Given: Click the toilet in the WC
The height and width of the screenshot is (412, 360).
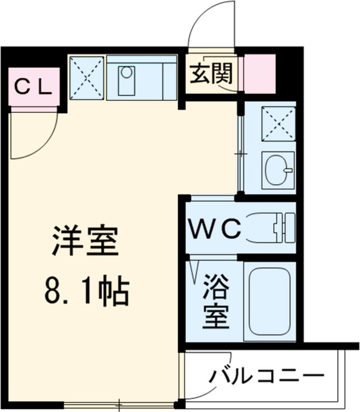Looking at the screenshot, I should tap(272, 228).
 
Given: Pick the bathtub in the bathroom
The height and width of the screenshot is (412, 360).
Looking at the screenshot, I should tap(269, 302).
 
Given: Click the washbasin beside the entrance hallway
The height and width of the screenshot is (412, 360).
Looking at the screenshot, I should tap(277, 169).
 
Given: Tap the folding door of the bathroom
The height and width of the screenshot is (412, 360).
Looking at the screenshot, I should tap(194, 270).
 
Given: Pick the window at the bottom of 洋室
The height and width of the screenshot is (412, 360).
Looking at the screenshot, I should tap(120, 405).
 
